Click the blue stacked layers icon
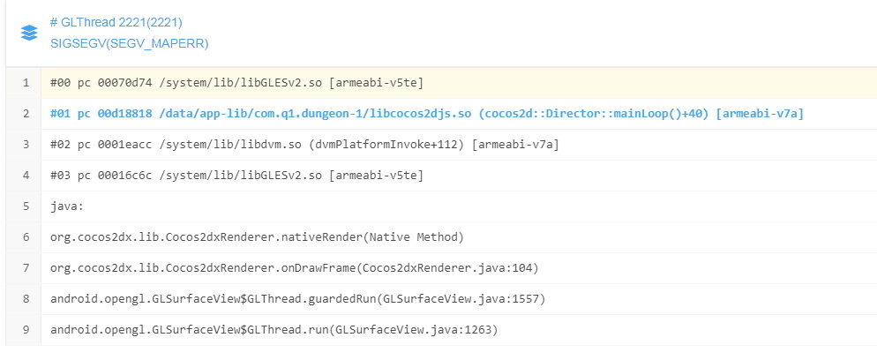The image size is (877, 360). (x=29, y=32)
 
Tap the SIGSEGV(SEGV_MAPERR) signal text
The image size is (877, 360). (x=129, y=42)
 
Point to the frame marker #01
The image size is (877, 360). (x=61, y=114)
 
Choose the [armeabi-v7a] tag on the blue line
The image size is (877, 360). (x=760, y=114)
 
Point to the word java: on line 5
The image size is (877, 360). (x=66, y=206)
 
